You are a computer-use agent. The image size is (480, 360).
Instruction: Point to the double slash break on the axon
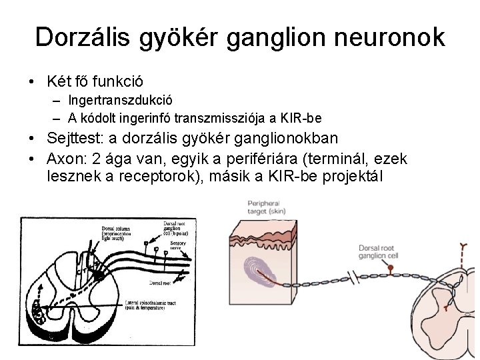pos(353,274)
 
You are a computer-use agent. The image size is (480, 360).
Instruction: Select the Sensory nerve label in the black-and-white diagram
pos(179,246)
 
